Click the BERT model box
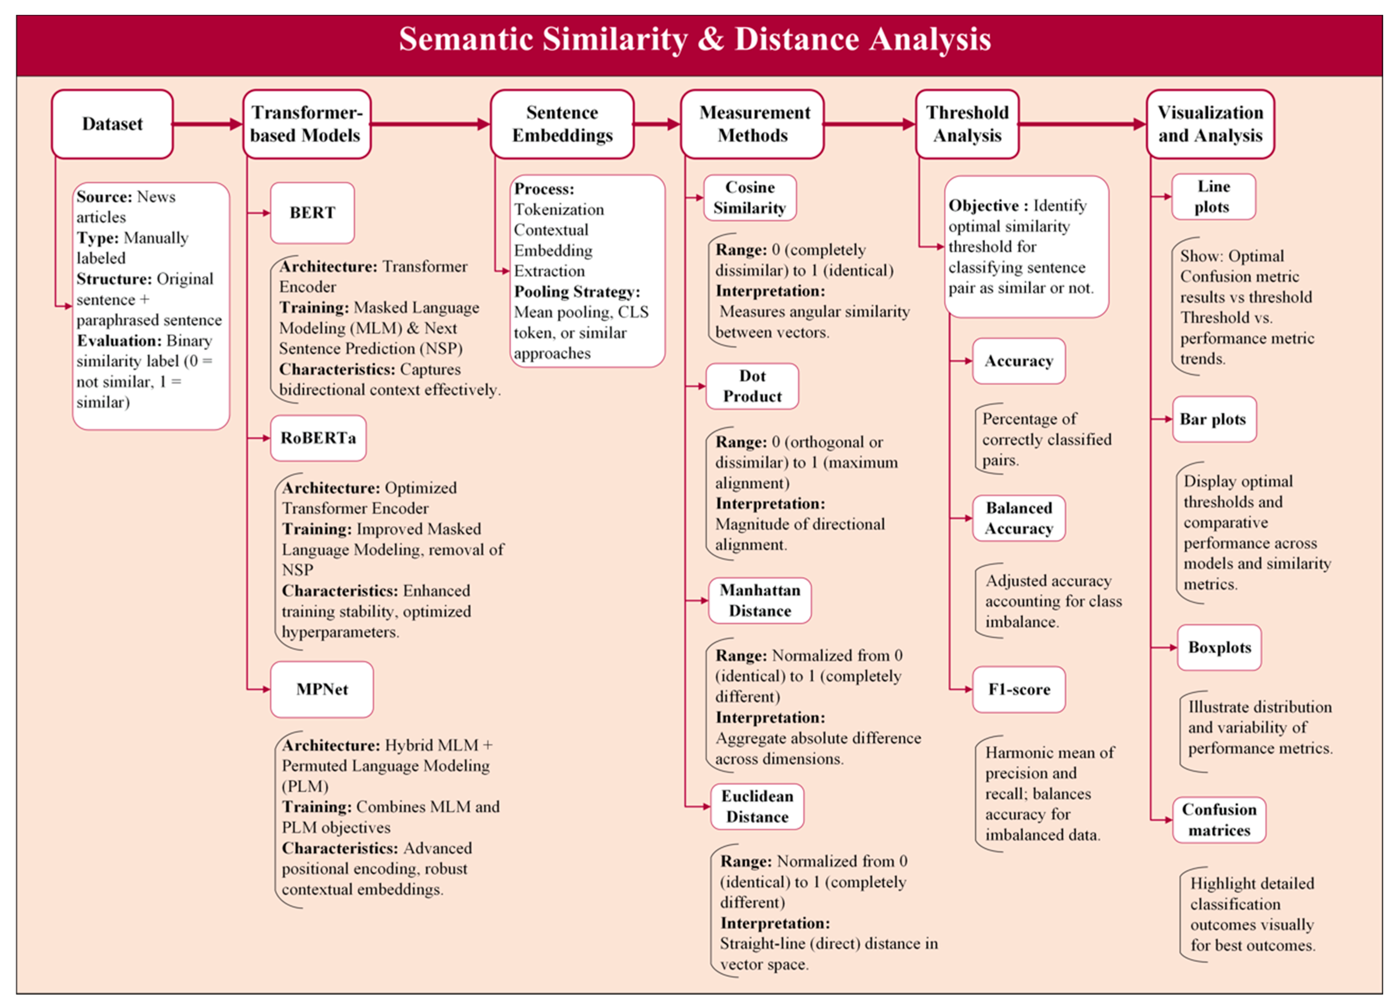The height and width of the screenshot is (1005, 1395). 312,213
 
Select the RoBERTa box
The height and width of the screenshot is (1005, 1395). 318,438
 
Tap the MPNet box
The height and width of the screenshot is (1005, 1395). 322,689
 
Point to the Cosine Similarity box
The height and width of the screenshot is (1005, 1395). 750,197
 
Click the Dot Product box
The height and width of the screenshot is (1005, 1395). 752,386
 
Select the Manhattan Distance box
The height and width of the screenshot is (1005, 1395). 760,600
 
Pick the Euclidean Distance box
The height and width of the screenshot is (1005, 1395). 757,806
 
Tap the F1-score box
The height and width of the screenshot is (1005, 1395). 1019,689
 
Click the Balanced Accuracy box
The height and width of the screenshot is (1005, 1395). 1019,518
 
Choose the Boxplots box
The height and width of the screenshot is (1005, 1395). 1219,647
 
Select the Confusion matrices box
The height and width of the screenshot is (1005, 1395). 1219,820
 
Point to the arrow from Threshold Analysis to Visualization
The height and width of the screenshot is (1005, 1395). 1083,124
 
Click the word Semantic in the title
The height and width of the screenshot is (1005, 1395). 466,39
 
